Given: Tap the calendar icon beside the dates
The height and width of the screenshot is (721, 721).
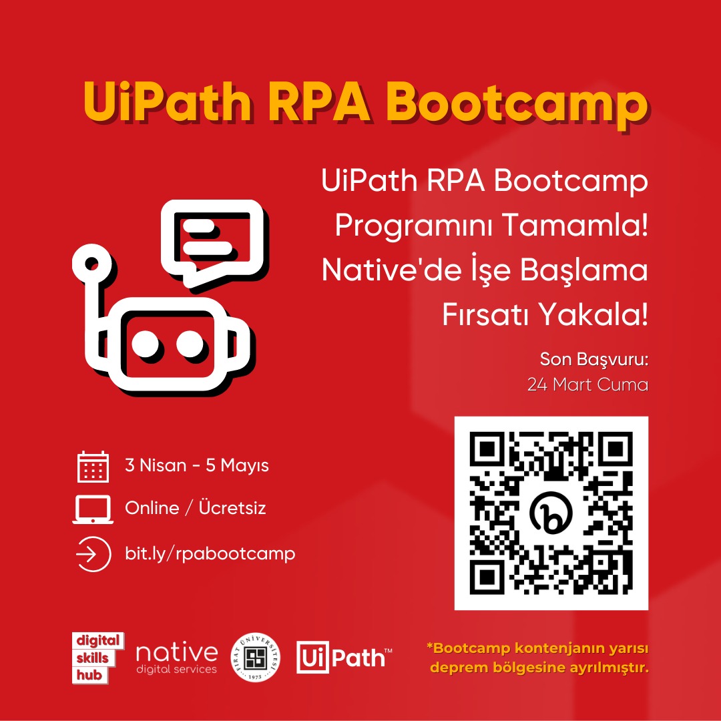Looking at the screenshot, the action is [93, 466].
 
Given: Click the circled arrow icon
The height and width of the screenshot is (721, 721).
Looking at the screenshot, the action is [93, 554].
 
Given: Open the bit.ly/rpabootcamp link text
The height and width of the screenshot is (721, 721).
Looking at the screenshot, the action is [210, 553].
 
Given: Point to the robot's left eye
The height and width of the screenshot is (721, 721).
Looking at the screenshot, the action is [146, 344].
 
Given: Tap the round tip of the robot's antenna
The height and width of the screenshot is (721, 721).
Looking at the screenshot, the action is [91, 264].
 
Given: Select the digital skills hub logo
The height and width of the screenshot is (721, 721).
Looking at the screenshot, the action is [98, 658].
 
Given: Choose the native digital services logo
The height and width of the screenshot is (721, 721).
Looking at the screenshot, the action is [176, 658].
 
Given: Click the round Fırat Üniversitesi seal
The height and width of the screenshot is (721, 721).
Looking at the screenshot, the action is [256, 658].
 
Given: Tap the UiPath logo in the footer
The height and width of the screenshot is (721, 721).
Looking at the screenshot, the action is [344, 657].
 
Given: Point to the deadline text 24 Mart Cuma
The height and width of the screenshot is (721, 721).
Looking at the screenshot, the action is [587, 385].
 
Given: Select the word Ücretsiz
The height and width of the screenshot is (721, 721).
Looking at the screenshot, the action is [232, 507].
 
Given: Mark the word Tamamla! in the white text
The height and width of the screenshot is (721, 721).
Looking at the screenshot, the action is [574, 225].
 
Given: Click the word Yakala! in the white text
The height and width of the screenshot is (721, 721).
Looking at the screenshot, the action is [593, 314].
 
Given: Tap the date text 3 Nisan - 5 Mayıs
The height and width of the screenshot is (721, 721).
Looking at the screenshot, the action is [197, 465].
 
